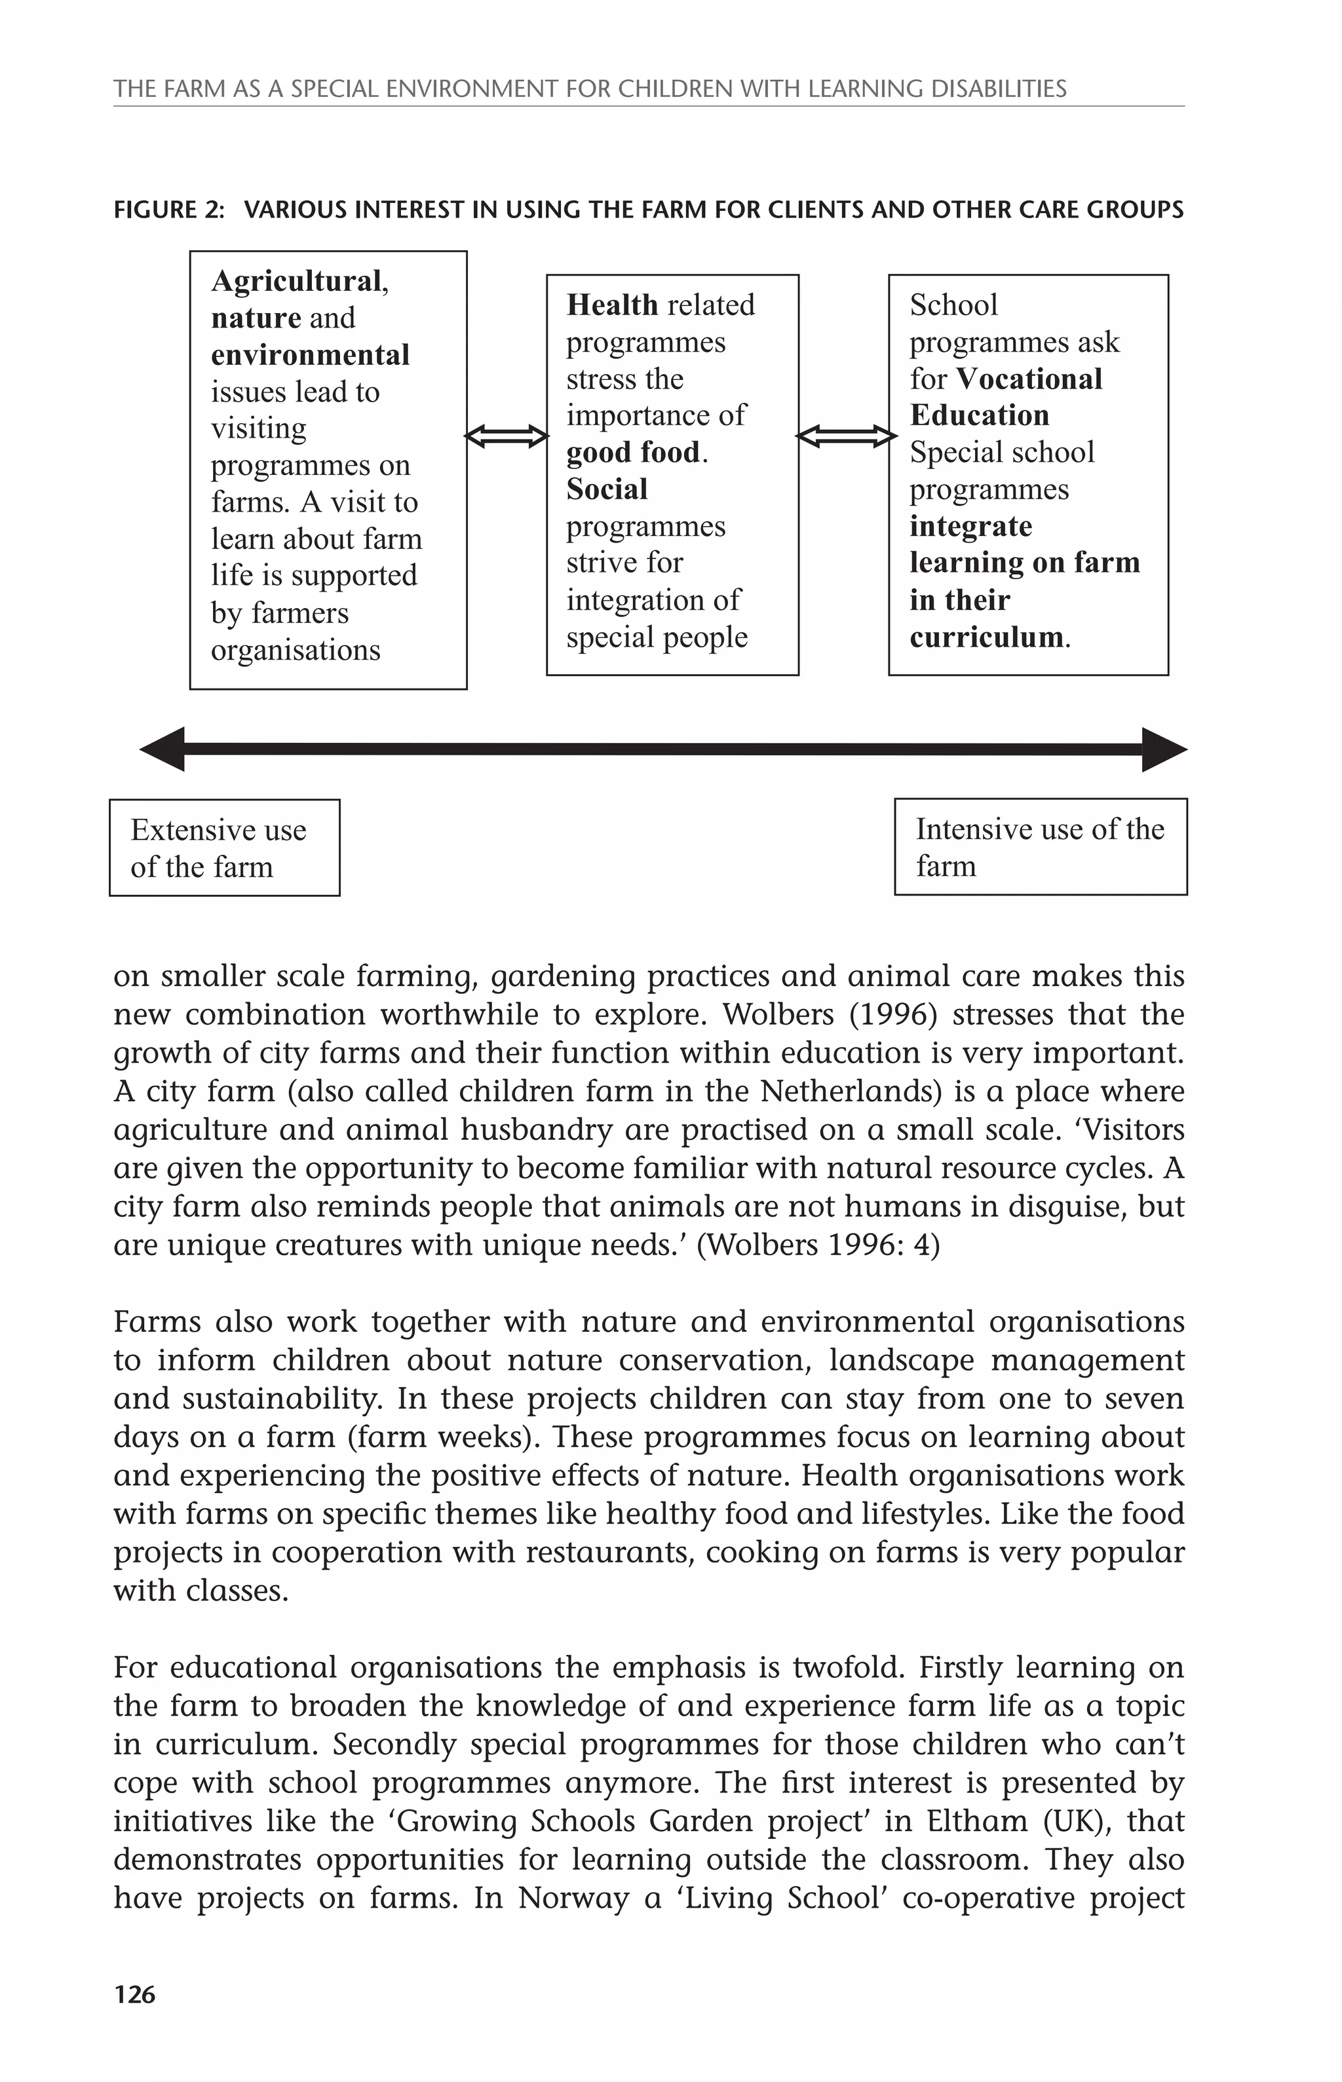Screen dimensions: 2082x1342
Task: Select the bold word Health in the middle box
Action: click(x=612, y=305)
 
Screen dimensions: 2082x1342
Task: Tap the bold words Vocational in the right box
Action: click(x=1028, y=379)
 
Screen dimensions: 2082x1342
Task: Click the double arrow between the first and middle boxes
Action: click(x=507, y=436)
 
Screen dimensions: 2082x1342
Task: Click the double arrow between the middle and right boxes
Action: click(x=845, y=436)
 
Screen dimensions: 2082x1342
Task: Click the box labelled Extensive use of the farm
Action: click(x=224, y=848)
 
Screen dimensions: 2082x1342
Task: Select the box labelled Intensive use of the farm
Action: click(x=1040, y=846)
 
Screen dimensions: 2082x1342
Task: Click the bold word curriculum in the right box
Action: click(x=986, y=637)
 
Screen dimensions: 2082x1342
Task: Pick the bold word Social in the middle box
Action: click(x=607, y=489)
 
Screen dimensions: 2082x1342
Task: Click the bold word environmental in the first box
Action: click(x=309, y=356)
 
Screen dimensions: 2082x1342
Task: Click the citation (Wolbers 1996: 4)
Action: click(x=818, y=1244)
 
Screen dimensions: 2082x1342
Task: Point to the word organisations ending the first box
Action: click(x=296, y=650)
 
